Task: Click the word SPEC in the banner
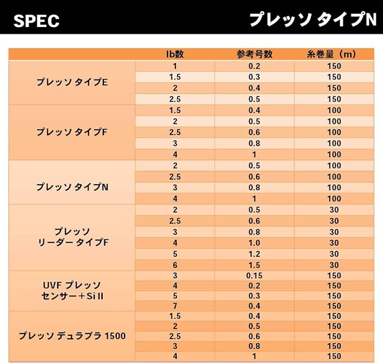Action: [36, 21]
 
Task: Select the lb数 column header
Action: [175, 54]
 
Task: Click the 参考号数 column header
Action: [254, 54]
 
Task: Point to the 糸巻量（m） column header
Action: [332, 54]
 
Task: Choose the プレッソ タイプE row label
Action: [72, 82]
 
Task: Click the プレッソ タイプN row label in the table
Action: [72, 188]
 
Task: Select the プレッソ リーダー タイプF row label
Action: [72, 237]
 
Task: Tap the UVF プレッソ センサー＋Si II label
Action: [72, 291]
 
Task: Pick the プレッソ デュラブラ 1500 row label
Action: [72, 336]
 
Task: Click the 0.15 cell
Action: [254, 276]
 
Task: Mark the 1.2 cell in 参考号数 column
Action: [254, 254]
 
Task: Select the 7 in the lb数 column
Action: [175, 306]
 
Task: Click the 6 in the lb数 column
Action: [175, 265]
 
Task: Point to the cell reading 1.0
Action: [254, 243]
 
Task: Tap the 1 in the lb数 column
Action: [175, 66]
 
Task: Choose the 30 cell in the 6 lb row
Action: [334, 265]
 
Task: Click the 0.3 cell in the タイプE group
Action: [254, 77]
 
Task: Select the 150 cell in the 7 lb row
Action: [334, 306]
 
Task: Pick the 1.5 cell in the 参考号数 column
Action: [254, 265]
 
